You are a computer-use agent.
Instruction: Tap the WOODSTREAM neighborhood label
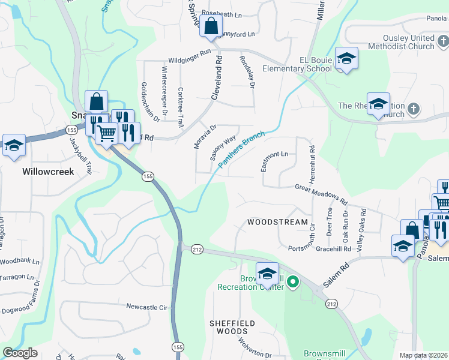tap(273, 222)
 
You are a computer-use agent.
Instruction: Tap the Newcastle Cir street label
tap(146, 306)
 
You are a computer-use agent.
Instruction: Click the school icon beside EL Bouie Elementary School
tap(346, 58)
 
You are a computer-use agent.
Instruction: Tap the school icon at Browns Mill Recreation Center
tap(267, 274)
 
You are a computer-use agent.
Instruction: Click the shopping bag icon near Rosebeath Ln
tap(211, 26)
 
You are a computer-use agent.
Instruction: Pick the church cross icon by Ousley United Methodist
tap(443, 41)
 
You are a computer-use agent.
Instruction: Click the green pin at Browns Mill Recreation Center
tap(293, 281)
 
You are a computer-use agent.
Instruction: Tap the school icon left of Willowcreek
tap(13, 145)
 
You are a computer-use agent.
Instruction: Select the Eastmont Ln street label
tap(275, 161)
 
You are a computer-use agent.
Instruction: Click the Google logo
tap(20, 353)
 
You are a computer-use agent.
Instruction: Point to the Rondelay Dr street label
tap(247, 73)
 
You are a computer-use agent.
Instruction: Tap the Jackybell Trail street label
tap(80, 155)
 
